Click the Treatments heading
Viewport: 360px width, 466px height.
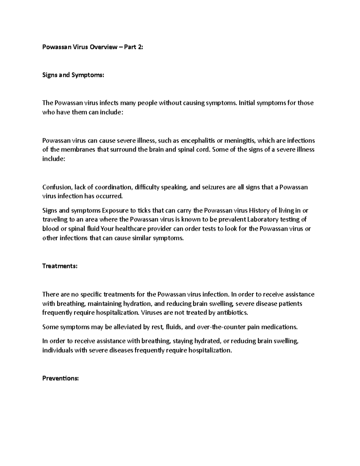[x=60, y=266]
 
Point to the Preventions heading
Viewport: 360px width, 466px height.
[x=61, y=378]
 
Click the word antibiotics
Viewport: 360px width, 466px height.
[x=232, y=313]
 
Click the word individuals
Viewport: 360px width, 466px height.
[x=58, y=350]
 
